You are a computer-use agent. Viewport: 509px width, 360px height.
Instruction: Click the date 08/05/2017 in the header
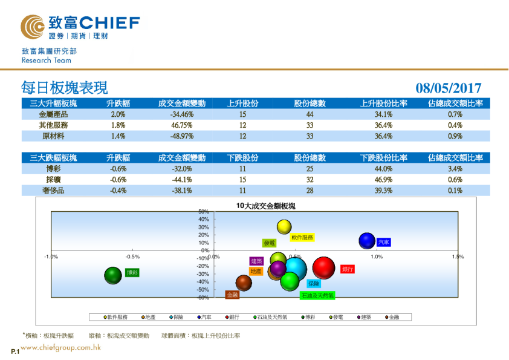449,88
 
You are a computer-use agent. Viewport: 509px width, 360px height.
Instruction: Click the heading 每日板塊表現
64,88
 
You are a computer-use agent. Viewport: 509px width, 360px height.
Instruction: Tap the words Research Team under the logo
46,61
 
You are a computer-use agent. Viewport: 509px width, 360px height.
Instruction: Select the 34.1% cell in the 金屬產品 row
384,114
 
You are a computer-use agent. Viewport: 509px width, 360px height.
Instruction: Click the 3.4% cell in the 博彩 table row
455,169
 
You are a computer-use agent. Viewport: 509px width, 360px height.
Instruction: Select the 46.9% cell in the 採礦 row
384,180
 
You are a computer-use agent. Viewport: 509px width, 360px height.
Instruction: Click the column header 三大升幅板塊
53,103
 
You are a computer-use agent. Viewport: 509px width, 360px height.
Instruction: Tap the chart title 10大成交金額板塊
266,206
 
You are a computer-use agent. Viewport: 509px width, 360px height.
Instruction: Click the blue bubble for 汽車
368,241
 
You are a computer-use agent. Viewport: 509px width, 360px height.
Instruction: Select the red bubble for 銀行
324,269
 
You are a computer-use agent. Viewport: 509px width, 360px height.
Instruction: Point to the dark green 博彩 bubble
113,276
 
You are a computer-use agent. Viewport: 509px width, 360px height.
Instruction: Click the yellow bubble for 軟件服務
284,227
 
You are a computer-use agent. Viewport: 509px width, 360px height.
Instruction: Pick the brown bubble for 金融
244,283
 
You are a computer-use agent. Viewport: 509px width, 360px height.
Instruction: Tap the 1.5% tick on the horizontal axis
458,257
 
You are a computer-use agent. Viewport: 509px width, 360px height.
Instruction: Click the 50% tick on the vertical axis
204,211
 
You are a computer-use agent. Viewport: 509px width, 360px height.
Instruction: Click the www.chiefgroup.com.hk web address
60,348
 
